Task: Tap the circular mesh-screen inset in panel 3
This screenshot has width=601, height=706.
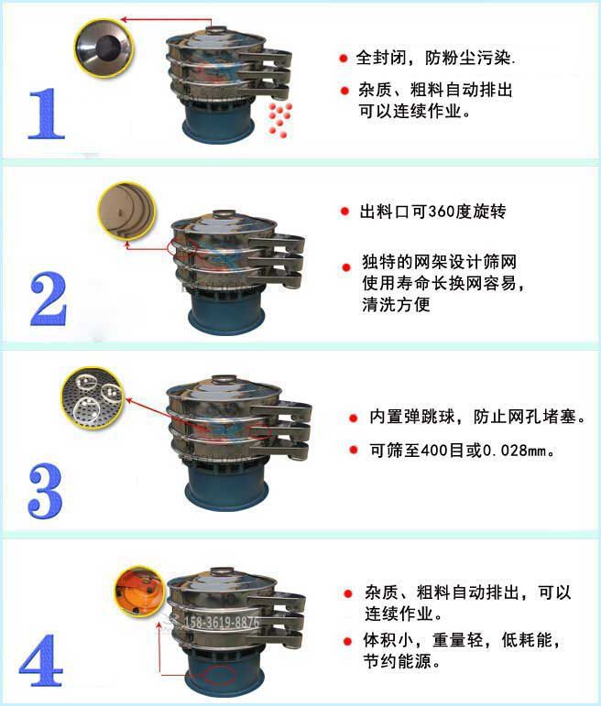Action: [x=93, y=395]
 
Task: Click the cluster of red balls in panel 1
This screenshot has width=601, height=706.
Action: [x=279, y=119]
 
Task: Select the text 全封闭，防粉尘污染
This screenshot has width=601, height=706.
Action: [x=436, y=59]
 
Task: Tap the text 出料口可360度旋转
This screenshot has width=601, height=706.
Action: [x=434, y=212]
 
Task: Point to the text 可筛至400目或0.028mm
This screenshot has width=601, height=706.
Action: [x=463, y=451]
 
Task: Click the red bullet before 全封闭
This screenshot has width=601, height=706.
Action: [x=344, y=59]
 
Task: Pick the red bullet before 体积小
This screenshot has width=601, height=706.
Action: [x=349, y=640]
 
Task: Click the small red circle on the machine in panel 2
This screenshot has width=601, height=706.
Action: [x=174, y=246]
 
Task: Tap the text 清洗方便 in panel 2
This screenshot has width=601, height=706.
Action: [x=396, y=306]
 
